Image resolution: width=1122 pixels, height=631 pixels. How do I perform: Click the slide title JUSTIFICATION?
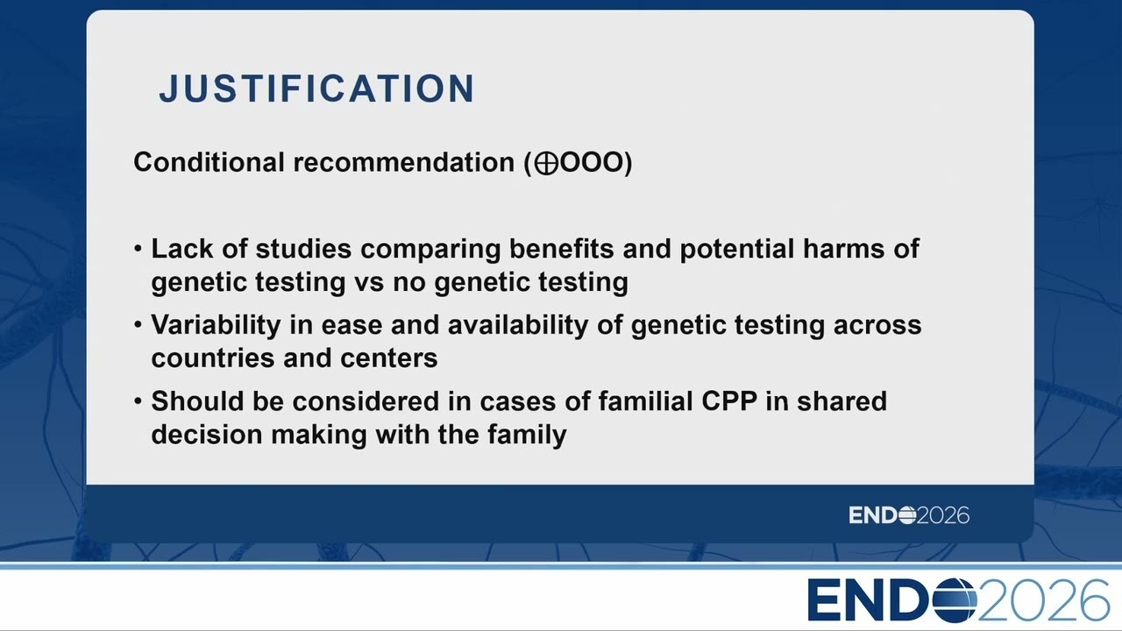click(x=316, y=89)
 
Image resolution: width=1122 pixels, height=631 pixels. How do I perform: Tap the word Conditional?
click(x=209, y=162)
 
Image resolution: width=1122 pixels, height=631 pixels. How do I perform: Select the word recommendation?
click(x=404, y=162)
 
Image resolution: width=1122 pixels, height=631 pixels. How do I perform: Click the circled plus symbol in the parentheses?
click(x=546, y=164)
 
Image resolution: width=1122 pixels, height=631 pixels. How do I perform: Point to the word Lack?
click(x=181, y=248)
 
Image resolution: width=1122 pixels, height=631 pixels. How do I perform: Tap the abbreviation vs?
click(x=369, y=282)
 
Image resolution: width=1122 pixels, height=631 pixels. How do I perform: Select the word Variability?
click(x=216, y=325)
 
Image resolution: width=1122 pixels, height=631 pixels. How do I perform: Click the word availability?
click(x=518, y=325)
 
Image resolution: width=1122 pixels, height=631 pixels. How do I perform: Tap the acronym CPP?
click(x=729, y=401)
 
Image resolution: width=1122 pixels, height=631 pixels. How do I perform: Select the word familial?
click(x=646, y=401)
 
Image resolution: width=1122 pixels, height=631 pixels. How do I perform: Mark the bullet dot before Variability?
click(x=138, y=325)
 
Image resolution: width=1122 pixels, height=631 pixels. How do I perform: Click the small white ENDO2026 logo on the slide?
click(x=909, y=515)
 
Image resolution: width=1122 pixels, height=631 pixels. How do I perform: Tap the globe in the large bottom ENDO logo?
click(x=955, y=600)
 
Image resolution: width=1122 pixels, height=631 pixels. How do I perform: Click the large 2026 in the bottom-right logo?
click(x=1043, y=600)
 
